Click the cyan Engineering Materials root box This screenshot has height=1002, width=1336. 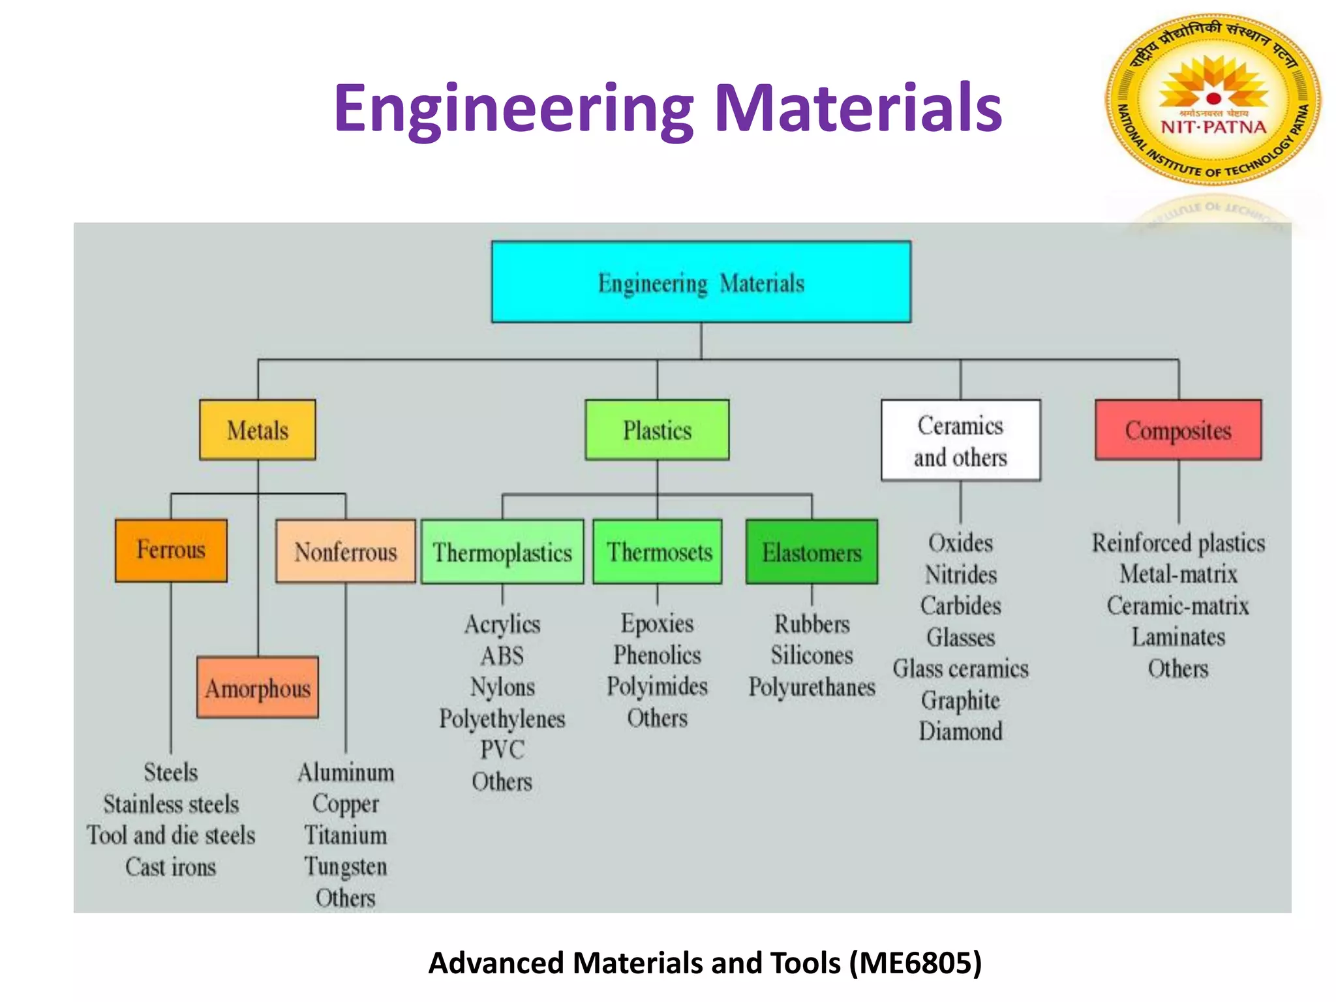click(x=701, y=282)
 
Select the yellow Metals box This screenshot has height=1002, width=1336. click(x=258, y=430)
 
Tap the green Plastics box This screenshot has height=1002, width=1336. click(x=657, y=430)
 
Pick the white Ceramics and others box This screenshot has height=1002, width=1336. click(x=960, y=440)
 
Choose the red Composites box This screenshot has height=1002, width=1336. click(x=1178, y=430)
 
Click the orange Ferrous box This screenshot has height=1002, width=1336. click(x=171, y=550)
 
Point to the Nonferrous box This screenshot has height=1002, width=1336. click(x=345, y=551)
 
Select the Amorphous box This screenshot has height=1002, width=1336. click(x=258, y=688)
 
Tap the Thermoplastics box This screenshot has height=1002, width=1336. click(x=502, y=552)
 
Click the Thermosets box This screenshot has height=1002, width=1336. click(x=658, y=552)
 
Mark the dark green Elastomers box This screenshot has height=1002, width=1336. click(x=812, y=552)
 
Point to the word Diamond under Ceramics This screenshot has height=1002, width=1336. click(x=960, y=731)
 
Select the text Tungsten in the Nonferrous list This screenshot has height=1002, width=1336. click(x=346, y=866)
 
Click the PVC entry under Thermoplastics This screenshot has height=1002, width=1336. click(x=502, y=750)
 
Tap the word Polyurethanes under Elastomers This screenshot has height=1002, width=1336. click(x=812, y=687)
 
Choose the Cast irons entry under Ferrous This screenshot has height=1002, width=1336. click(x=171, y=867)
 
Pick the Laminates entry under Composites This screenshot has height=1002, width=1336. click(x=1178, y=637)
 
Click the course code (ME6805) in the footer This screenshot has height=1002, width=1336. click(x=916, y=963)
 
